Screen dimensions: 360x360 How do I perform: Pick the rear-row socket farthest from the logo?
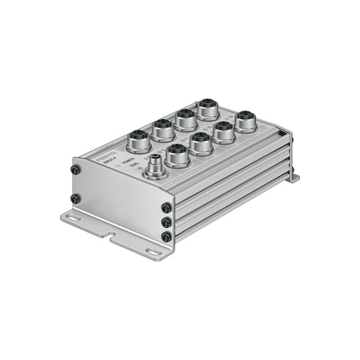tap(208, 110)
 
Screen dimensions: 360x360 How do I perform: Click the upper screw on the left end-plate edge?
tap(74, 170)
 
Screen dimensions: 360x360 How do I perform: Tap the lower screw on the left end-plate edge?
tap(75, 198)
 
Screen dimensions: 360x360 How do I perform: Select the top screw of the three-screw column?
tap(166, 208)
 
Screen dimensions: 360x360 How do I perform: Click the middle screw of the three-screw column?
tap(166, 222)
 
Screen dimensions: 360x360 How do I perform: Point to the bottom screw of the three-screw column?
tap(165, 237)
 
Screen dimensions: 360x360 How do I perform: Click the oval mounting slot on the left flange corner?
tap(73, 218)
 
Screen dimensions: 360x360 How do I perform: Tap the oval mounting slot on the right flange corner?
tap(154, 253)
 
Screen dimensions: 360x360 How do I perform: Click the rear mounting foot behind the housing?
tap(293, 178)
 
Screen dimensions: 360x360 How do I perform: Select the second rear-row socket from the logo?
tap(163, 130)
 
